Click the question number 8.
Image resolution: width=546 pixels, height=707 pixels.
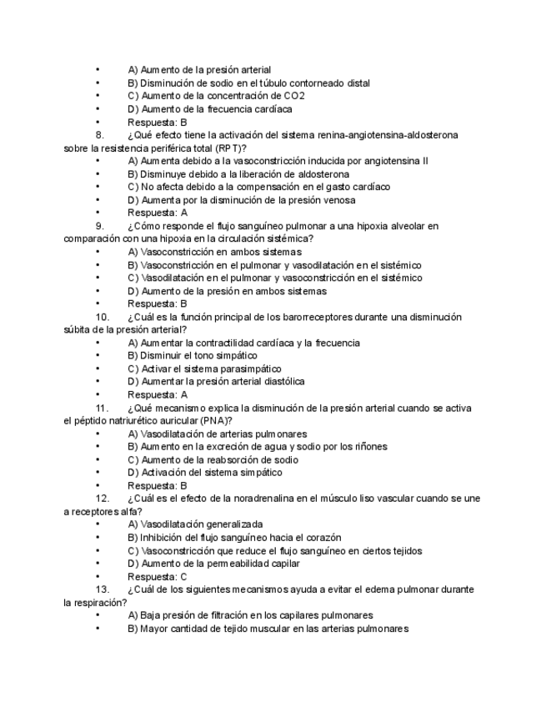[x=100, y=135]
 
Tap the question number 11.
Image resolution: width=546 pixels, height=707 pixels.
[x=103, y=408]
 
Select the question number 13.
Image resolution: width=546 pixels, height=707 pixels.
[x=103, y=589]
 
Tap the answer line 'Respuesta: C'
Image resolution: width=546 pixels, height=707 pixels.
[x=157, y=576]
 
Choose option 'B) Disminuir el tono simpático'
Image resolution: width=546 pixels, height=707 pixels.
[x=193, y=355]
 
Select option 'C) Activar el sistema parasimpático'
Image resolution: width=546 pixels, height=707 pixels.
[x=204, y=369]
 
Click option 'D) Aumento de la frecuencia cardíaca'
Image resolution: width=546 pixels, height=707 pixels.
[x=210, y=109]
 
